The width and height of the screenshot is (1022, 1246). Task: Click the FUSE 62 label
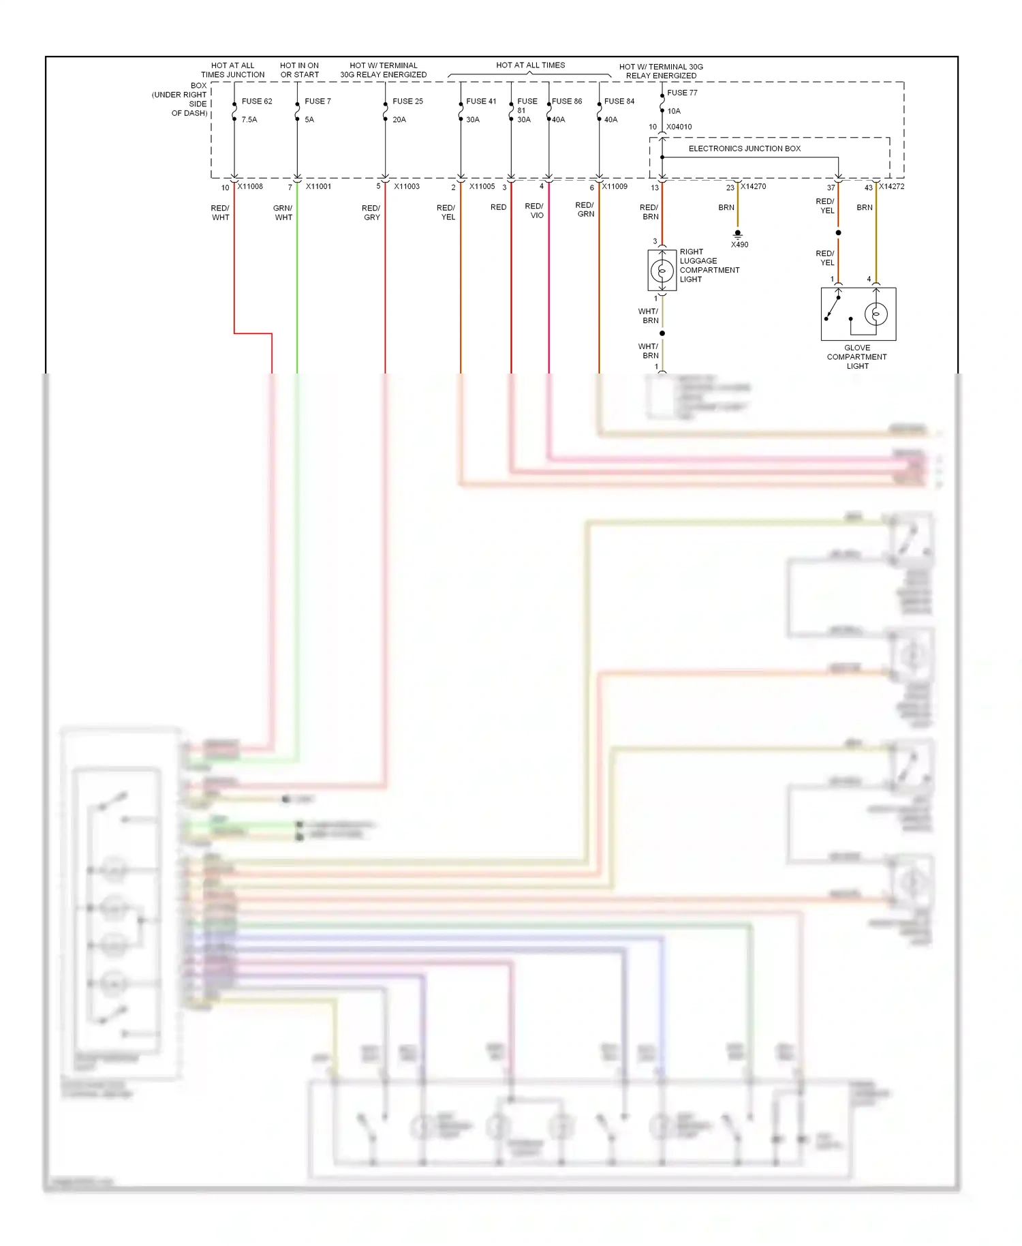pyautogui.click(x=256, y=102)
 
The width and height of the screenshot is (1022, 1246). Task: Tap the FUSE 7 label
pyautogui.click(x=318, y=102)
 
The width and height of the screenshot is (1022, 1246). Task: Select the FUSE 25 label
pyautogui.click(x=407, y=102)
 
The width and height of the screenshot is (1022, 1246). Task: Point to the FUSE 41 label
pyautogui.click(x=481, y=102)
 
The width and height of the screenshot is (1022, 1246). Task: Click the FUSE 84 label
pyautogui.click(x=619, y=102)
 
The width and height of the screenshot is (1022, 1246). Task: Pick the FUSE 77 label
pyautogui.click(x=682, y=93)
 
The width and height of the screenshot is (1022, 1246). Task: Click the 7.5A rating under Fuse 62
pyautogui.click(x=249, y=120)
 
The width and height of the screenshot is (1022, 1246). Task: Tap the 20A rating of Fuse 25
pyautogui.click(x=399, y=120)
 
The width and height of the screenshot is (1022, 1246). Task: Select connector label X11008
pyautogui.click(x=250, y=187)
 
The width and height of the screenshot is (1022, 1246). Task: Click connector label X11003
pyautogui.click(x=407, y=187)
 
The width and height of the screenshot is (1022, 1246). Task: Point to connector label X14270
pyautogui.click(x=754, y=187)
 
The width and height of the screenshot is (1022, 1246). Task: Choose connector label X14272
pyautogui.click(x=891, y=187)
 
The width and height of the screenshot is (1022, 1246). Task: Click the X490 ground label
pyautogui.click(x=739, y=245)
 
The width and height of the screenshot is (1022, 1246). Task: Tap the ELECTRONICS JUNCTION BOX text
pyautogui.click(x=745, y=149)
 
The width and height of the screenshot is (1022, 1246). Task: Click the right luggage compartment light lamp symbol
pyautogui.click(x=662, y=271)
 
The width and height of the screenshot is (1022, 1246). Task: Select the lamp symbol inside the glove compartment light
pyautogui.click(x=876, y=314)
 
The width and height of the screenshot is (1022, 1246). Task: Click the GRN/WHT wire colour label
pyautogui.click(x=283, y=213)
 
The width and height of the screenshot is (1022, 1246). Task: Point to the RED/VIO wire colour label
pyautogui.click(x=534, y=211)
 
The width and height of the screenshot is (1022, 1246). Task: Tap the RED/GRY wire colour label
pyautogui.click(x=371, y=213)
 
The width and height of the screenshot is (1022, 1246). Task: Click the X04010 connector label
pyautogui.click(x=679, y=127)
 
